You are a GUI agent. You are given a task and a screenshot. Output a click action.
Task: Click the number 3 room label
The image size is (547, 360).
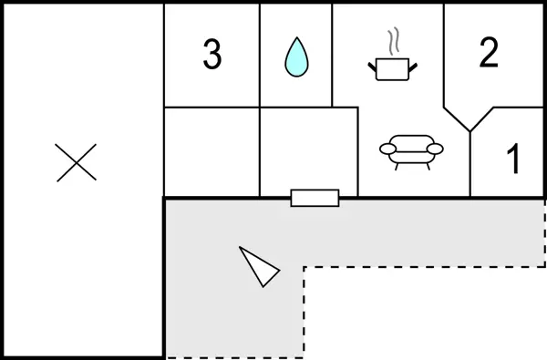click(212, 56)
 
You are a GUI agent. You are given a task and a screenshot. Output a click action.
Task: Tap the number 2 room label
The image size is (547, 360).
click(489, 54)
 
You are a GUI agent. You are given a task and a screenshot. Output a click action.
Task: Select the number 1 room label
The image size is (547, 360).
click(512, 160)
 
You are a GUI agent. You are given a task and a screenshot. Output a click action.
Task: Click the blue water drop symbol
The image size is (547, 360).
click(295, 57)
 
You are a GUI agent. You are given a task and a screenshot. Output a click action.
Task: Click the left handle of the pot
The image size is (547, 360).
click(371, 64)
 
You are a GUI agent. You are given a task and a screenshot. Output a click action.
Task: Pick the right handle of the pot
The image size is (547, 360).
click(413, 64)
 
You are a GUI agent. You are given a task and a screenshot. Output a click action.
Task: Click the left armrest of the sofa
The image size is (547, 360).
click(387, 149)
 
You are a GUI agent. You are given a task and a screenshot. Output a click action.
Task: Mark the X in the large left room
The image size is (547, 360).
click(77, 162)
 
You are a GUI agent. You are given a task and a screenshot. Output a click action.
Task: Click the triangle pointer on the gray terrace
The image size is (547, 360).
click(259, 265)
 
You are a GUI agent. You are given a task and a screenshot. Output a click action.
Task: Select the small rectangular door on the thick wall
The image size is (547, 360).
click(315, 198)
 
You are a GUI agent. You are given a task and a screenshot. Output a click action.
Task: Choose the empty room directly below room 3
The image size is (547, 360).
click(212, 151)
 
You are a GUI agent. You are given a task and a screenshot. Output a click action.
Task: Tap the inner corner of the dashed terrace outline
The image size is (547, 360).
click(304, 267)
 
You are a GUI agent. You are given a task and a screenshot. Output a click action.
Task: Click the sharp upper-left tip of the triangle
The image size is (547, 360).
click(241, 248)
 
